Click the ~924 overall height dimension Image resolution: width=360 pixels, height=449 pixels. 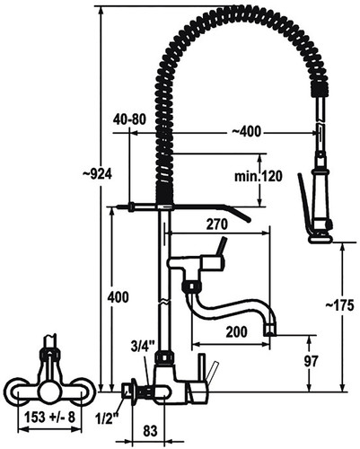click(x=97, y=174)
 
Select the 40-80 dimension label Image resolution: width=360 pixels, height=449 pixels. click(x=129, y=119)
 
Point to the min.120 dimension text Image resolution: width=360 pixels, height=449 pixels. click(x=258, y=177)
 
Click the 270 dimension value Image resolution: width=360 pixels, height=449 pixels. click(x=217, y=224)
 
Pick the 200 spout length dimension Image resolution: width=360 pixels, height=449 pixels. click(x=237, y=332)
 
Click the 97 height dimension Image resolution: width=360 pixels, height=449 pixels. click(x=312, y=361)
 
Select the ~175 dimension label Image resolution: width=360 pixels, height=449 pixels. click(x=339, y=305)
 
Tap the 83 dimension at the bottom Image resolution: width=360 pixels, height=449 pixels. click(x=150, y=431)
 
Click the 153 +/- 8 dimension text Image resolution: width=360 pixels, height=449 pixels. click(x=49, y=417)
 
